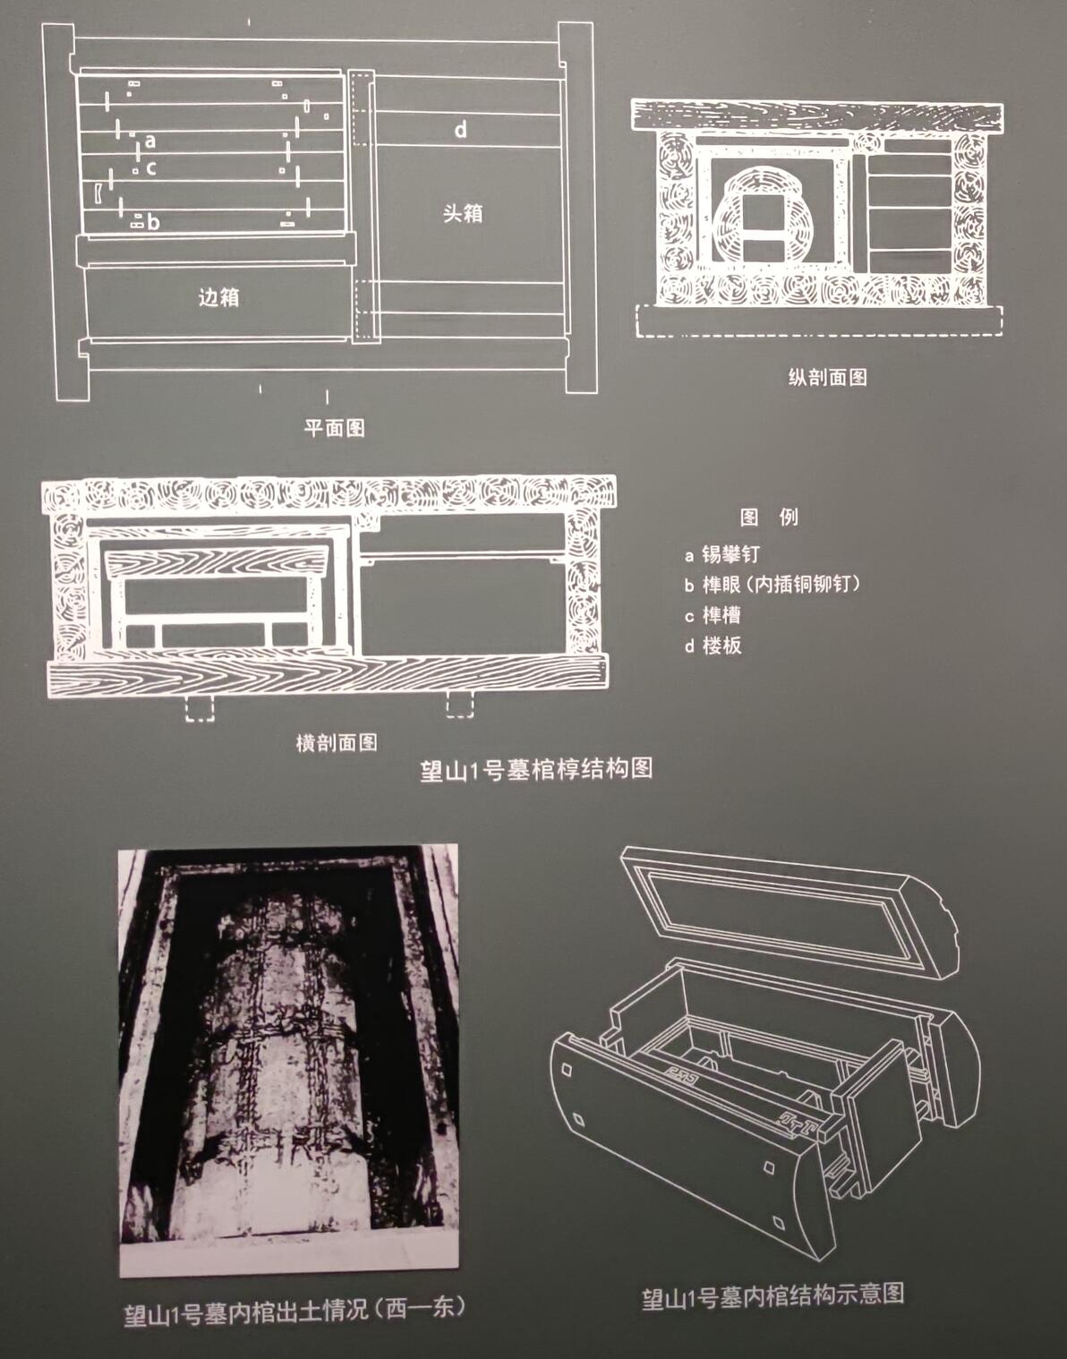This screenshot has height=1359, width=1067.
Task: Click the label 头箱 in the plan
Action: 463,213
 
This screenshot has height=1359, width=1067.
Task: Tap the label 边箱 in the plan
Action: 218,297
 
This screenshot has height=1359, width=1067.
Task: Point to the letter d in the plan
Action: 461,130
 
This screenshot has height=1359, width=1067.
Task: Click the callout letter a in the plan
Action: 150,141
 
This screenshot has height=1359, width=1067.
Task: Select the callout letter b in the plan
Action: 154,221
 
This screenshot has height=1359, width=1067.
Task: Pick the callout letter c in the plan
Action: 150,168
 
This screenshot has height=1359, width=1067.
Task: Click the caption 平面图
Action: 334,428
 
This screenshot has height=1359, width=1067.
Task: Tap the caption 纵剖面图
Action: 827,377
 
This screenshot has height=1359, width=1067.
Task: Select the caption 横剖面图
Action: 337,743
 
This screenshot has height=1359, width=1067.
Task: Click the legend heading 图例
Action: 770,517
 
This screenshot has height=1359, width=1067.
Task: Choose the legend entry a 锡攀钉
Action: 722,554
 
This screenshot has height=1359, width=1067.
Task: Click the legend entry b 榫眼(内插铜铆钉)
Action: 773,584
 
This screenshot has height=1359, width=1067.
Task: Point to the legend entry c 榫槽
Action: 713,615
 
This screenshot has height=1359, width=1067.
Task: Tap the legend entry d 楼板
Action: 713,645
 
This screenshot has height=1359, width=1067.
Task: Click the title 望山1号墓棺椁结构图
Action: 536,769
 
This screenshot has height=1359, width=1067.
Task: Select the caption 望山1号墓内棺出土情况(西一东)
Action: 294,1308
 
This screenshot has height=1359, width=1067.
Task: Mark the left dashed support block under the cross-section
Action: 200,708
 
